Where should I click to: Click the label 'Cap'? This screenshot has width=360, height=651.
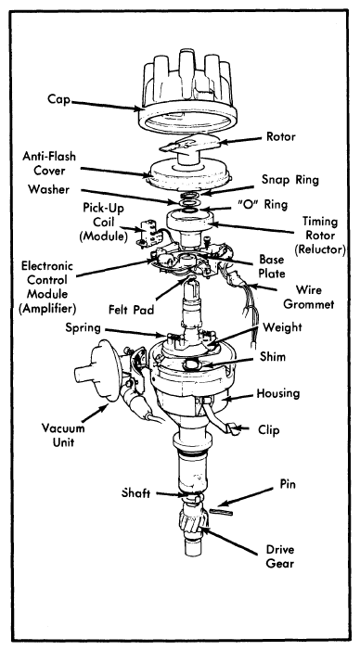58,99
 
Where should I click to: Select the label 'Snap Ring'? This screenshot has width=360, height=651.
290,180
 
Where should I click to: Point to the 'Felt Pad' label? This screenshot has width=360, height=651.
131,310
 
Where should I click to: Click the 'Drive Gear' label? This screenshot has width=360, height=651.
280,556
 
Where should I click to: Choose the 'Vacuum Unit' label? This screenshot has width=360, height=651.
63,434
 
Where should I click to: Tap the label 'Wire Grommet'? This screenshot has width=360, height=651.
308,297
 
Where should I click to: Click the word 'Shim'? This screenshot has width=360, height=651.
273,357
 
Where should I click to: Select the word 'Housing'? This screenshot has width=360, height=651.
277,393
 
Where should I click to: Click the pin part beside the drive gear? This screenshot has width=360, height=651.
221,512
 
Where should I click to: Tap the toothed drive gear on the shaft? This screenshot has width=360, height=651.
192,522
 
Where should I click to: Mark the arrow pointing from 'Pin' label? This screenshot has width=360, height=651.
247,495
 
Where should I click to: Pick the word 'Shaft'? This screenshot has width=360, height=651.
135,493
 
